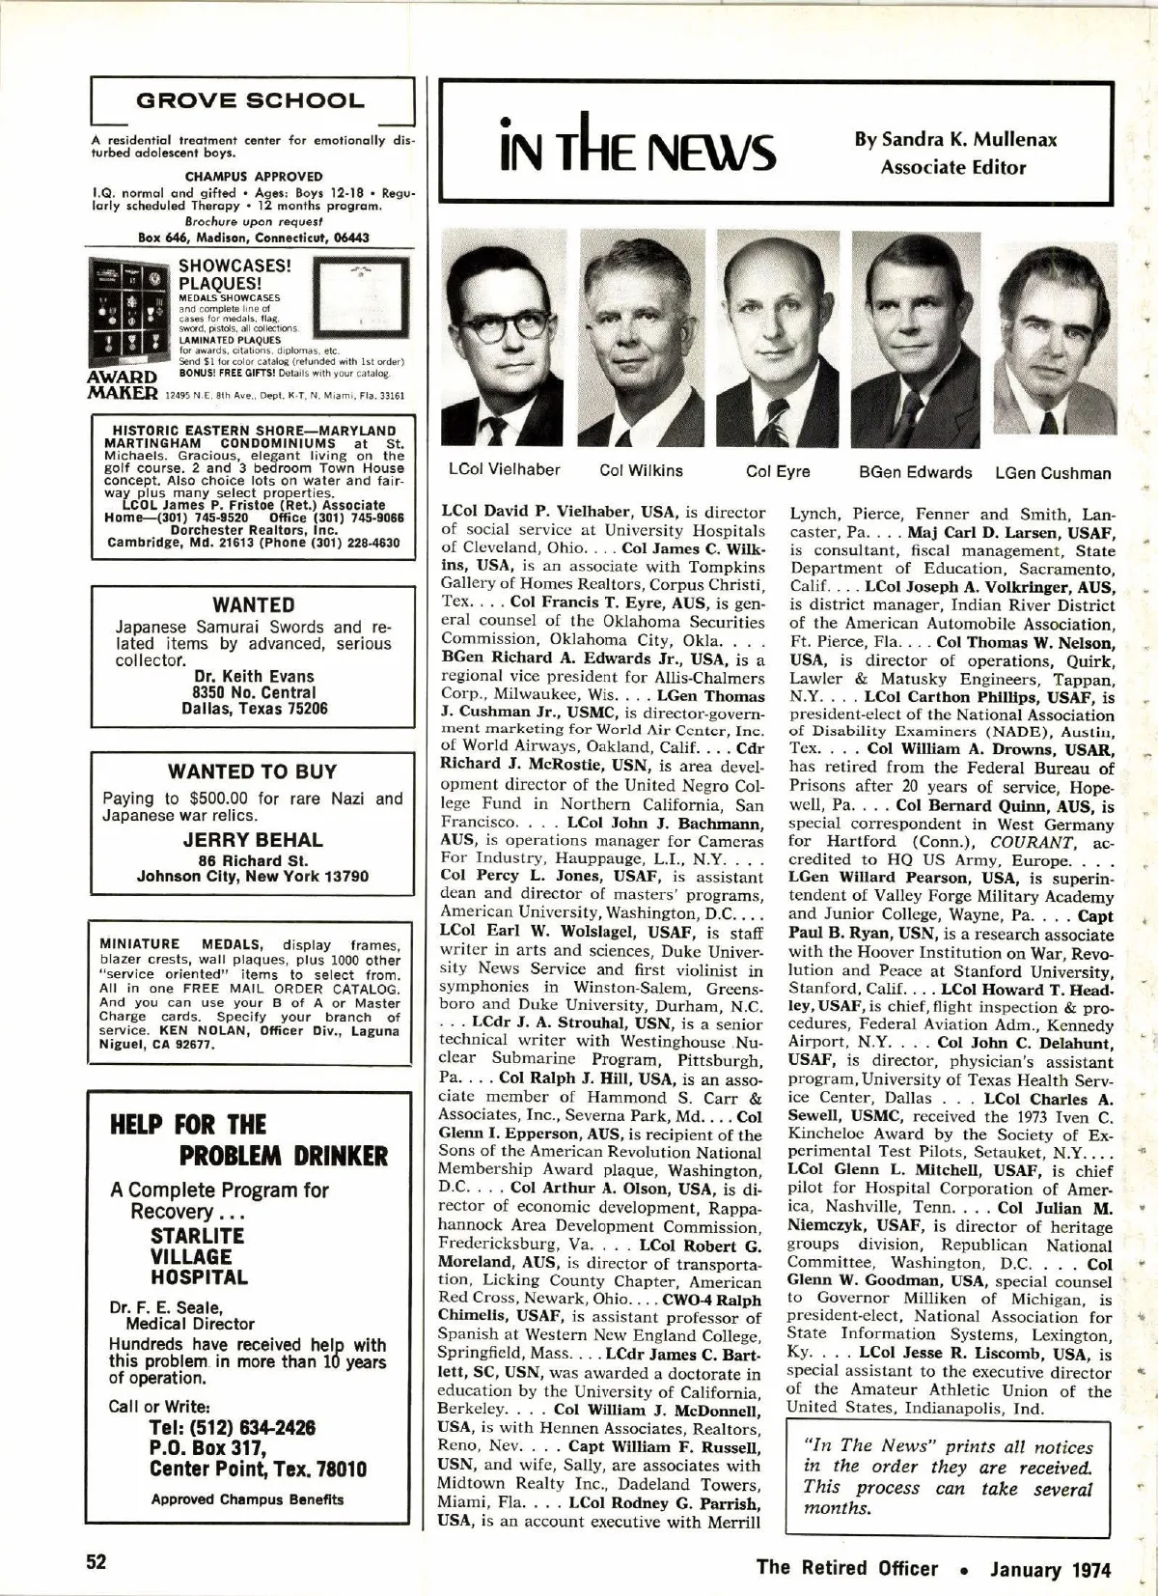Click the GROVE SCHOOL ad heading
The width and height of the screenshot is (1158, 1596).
coord(251,100)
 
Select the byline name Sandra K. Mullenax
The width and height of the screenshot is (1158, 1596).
coord(955,139)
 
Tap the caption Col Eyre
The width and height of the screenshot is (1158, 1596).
coord(778,471)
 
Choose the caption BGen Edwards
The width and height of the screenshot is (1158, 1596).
coord(915,472)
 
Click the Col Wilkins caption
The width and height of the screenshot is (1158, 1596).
coord(641,470)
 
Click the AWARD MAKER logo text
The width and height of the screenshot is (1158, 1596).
coord(123,384)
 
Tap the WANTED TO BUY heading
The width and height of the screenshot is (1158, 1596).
coord(252,771)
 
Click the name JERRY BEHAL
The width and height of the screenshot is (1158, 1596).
coord(253,839)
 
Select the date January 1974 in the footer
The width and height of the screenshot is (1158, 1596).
coord(1050,1569)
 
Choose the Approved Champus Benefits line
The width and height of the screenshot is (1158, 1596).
coord(247,1499)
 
